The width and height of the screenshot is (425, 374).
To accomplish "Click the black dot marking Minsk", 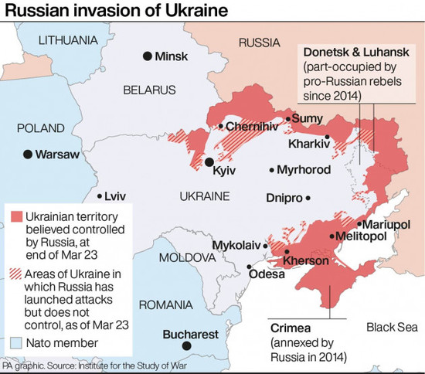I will pos(147,56).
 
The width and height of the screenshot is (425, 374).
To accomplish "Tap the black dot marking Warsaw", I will pos(29,155).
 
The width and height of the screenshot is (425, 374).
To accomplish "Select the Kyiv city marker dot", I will pos(209,162).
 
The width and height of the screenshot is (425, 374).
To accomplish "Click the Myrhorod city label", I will pos(304,170).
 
